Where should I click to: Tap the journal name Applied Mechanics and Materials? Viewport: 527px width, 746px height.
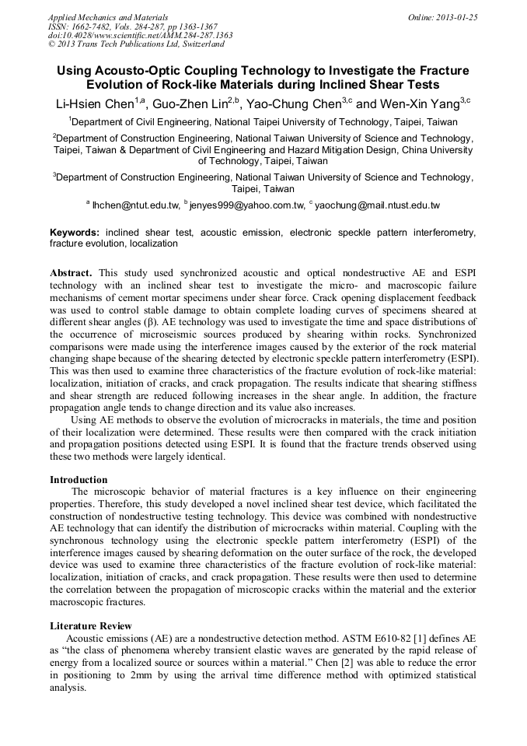(108, 17)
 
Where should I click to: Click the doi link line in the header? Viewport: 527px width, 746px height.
(140, 35)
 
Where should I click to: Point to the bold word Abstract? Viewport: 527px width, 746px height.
(71, 273)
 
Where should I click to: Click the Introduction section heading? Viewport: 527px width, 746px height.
(79, 480)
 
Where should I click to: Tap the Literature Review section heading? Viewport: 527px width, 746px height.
(91, 625)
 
